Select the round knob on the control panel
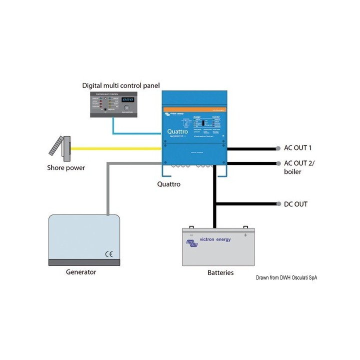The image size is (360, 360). (126, 107)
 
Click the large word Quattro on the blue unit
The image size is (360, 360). (178, 131)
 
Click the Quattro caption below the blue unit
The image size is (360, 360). (168, 184)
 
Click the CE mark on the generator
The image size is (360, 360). (108, 253)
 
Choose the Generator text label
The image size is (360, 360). (81, 272)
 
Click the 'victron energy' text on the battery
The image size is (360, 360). (215, 240)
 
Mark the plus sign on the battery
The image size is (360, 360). (245, 234)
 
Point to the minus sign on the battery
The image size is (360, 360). (191, 234)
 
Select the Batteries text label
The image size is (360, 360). (220, 273)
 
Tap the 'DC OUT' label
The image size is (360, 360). (296, 204)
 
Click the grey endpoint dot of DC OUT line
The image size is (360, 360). (278, 204)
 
